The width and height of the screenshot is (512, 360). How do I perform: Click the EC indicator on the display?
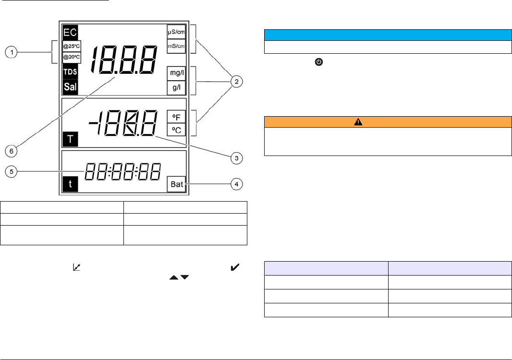click(70, 32)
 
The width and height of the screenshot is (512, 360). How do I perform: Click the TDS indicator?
click(70, 72)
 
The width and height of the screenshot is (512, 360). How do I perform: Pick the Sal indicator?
click(70, 87)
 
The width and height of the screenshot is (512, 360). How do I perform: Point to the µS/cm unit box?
click(176, 32)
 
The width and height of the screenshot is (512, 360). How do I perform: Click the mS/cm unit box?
click(176, 46)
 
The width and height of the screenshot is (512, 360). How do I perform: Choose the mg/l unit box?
click(176, 73)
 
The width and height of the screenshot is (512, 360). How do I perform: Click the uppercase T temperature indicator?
click(70, 140)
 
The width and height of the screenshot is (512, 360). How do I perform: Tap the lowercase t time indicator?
click(70, 185)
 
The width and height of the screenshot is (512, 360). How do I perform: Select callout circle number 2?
click(235, 82)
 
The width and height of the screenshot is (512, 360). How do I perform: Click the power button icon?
click(318, 63)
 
